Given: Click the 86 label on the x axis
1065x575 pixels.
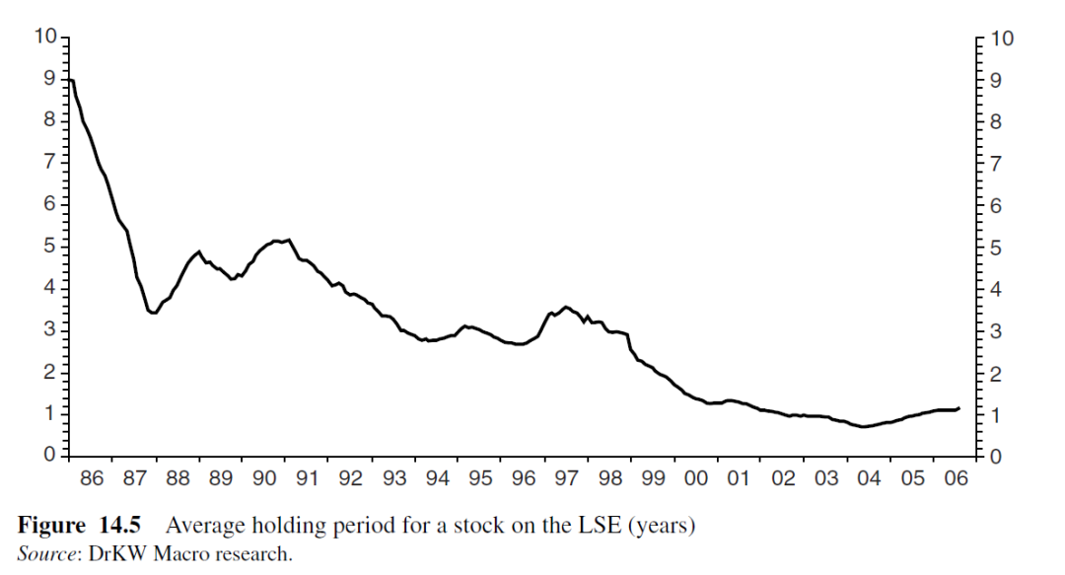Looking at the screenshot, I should pos(91,479).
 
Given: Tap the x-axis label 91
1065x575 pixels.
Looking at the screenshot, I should pos(308,479).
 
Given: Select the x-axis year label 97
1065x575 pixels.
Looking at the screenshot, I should pos(566,479).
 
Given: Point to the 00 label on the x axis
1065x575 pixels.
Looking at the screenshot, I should pos(696,479).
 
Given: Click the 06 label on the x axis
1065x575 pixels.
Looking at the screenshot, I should pos(955,479).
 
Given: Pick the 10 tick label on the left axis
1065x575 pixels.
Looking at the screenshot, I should pos(45,37).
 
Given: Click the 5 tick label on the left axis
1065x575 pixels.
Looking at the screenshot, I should pos(50,246).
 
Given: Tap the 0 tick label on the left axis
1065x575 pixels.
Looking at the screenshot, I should pos(50,456).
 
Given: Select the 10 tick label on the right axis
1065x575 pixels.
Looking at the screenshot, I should pos(1002,39).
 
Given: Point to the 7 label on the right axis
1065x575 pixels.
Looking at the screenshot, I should pos(996,164).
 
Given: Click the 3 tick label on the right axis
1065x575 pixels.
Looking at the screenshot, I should pos(996,331).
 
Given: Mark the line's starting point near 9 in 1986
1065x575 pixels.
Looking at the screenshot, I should pos(69,80).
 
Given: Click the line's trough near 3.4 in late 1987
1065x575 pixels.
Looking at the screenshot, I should pos(153,314).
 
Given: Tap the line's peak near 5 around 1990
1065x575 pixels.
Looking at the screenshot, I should pos(287,240).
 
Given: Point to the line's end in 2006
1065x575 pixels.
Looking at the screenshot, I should pos(958,407).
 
